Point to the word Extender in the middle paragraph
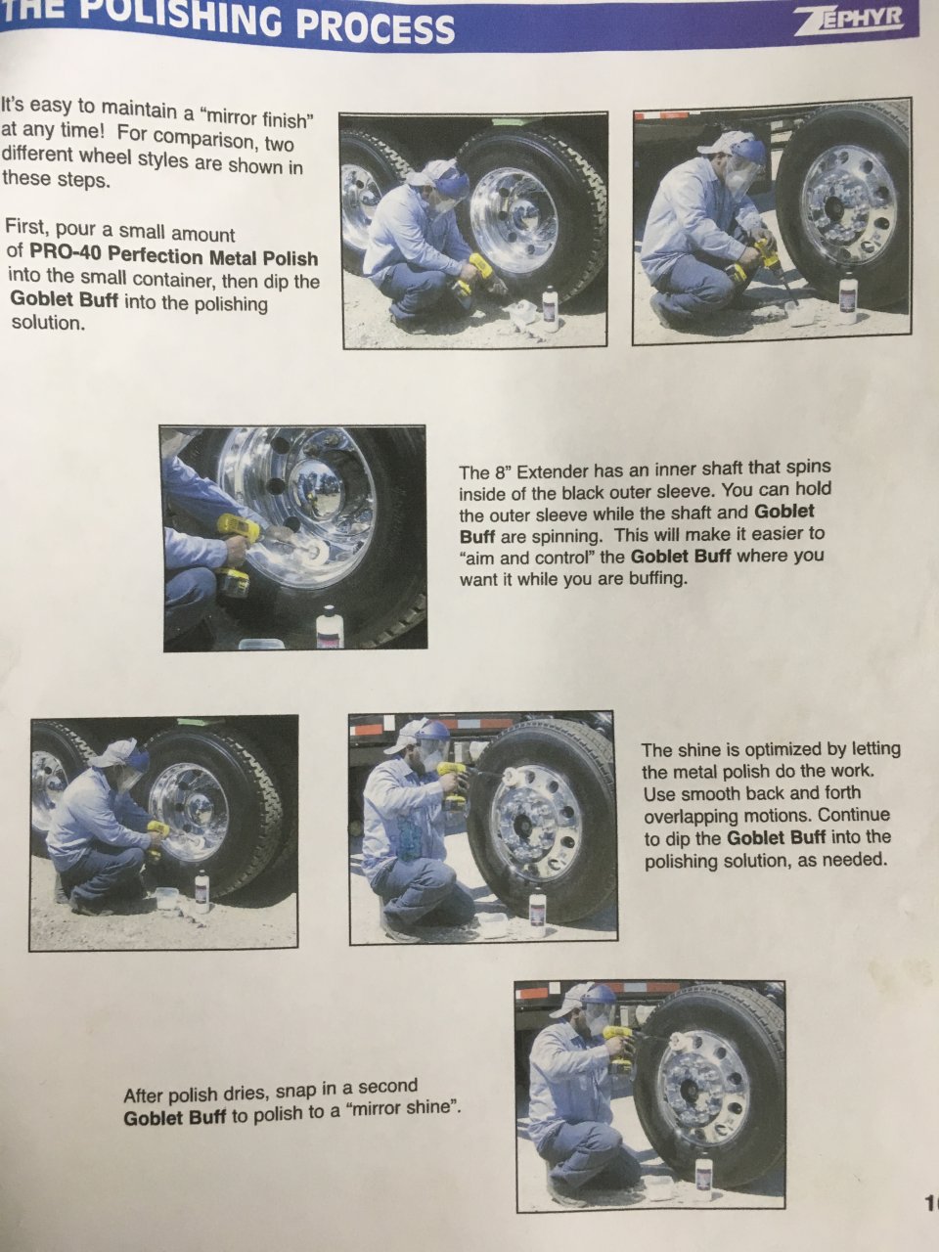[552, 472]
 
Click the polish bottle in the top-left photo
[550, 308]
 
